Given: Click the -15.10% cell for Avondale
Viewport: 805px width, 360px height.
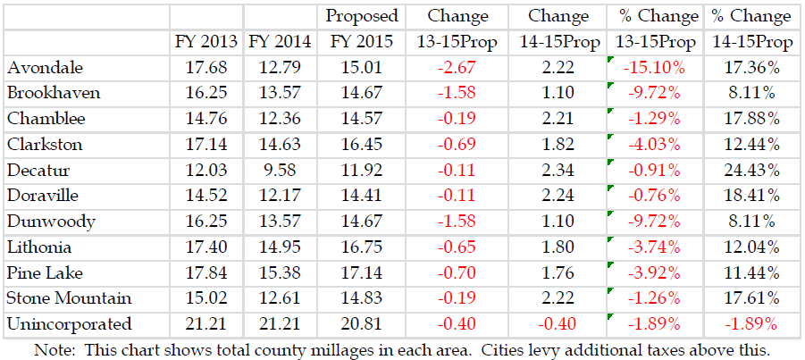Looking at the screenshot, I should point(656,68).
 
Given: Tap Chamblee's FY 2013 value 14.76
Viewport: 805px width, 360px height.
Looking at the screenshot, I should point(207,119).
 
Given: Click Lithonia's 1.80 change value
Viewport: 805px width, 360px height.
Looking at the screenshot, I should point(558,247).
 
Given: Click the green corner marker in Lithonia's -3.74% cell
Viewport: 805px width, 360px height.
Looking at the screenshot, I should point(610,239).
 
